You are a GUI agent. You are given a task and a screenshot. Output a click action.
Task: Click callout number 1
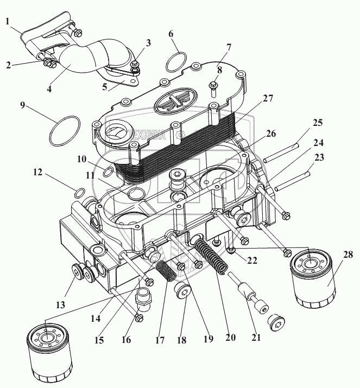click(8, 21)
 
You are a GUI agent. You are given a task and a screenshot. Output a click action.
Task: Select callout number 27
click(268, 98)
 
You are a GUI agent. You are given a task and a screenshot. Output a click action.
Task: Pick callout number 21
click(256, 336)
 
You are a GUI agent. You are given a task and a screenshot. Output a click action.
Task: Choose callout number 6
click(171, 34)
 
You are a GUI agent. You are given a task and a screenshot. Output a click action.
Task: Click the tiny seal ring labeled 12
click(79, 192)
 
